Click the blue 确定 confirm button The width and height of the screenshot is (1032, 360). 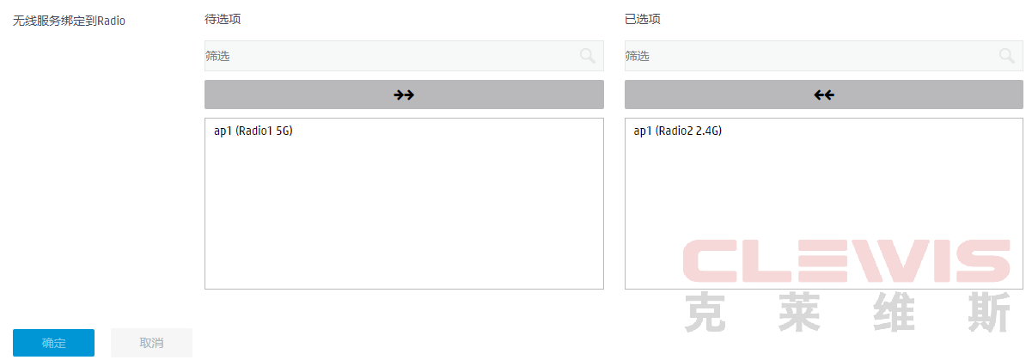click(x=53, y=343)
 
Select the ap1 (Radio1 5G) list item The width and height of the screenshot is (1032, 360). click(x=253, y=131)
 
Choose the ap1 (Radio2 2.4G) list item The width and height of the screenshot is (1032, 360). click(x=677, y=131)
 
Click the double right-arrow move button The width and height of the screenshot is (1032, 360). click(x=404, y=95)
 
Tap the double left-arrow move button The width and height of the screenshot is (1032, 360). click(x=824, y=95)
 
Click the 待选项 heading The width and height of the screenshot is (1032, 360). click(x=223, y=19)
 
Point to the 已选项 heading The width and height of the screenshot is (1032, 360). click(x=642, y=19)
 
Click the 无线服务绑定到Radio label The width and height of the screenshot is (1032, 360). click(x=69, y=21)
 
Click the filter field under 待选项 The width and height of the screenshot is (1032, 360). click(x=404, y=56)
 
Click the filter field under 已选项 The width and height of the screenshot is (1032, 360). click(x=824, y=56)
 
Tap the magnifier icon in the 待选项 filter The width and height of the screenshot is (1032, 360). click(x=588, y=56)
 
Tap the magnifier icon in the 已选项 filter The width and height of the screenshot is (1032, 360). click(x=1007, y=56)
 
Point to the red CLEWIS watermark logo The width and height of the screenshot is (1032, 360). click(x=846, y=260)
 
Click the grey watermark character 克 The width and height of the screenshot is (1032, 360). click(x=705, y=312)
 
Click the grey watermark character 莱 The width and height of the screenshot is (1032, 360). click(x=799, y=312)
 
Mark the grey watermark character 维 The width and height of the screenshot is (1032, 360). click(x=894, y=312)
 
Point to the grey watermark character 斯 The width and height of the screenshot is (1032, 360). click(x=989, y=312)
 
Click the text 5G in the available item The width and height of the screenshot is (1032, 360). click(x=283, y=131)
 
